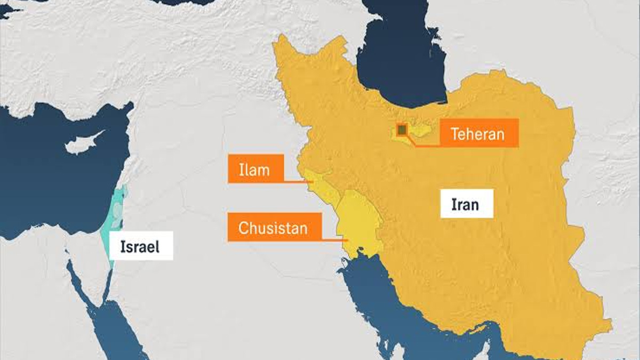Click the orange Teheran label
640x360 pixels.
478,133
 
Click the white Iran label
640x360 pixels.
466,204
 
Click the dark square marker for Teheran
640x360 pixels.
402,130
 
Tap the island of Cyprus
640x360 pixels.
83,142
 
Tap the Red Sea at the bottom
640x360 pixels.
115,331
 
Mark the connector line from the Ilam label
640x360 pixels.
296,181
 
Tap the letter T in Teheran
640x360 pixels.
455,133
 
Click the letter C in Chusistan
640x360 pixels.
243,228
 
